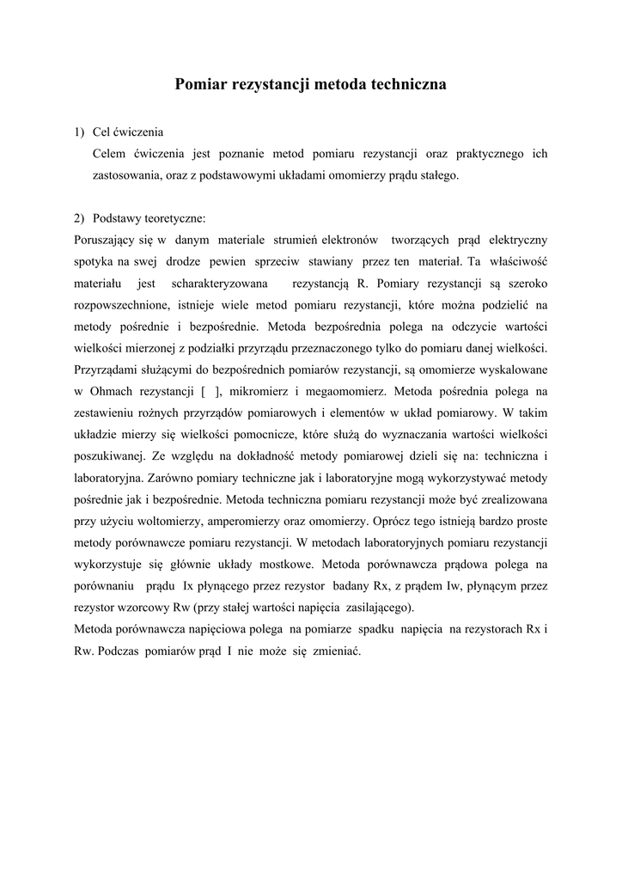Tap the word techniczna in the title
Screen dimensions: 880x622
pyautogui.click(x=406, y=84)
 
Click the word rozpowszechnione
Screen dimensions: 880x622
pyautogui.click(x=123, y=304)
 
